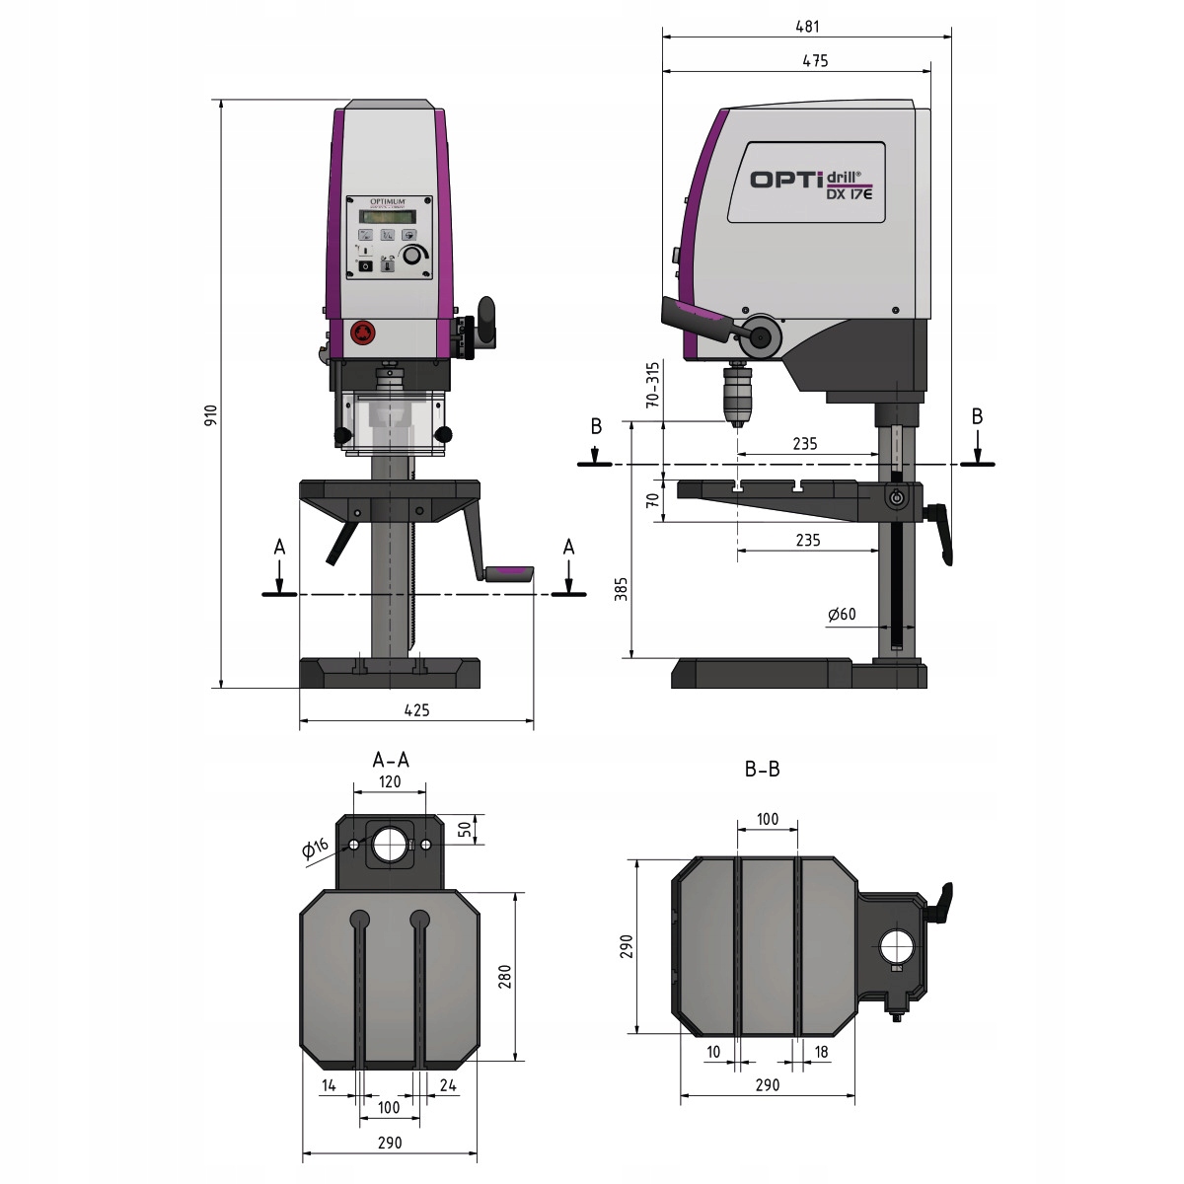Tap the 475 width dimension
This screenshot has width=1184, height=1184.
click(815, 60)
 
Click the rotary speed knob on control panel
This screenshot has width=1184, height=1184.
click(419, 255)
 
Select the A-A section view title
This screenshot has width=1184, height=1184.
click(391, 760)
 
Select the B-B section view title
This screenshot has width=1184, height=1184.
click(762, 769)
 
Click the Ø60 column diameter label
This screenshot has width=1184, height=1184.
click(842, 614)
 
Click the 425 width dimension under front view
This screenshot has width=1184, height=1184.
click(415, 708)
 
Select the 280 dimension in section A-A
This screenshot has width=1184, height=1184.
click(504, 977)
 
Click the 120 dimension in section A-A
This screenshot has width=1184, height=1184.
click(390, 781)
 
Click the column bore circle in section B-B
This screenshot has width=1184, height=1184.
click(898, 948)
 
